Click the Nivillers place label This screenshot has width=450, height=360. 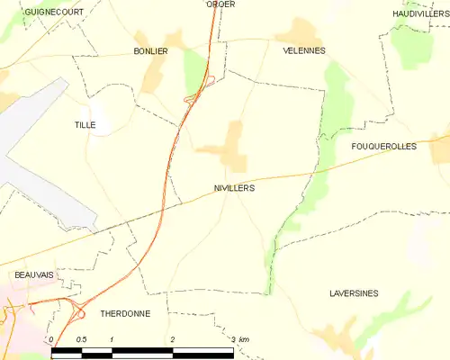(x=234, y=189)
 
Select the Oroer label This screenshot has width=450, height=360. (x=220, y=4)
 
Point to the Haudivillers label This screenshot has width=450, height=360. (x=420, y=13)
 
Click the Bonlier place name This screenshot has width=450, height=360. (x=150, y=51)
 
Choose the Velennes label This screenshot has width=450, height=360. (x=304, y=51)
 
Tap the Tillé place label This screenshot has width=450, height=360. (x=85, y=126)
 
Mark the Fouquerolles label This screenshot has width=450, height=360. (x=383, y=146)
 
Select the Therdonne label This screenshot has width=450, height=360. (x=125, y=314)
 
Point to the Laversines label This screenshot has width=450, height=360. (x=354, y=294)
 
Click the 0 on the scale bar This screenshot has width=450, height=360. (x=52, y=339)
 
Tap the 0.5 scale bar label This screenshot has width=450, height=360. (x=81, y=339)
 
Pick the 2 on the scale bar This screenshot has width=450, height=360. (x=173, y=339)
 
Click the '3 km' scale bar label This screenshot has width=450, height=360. (x=238, y=339)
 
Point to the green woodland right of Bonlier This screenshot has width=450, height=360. (x=193, y=67)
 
